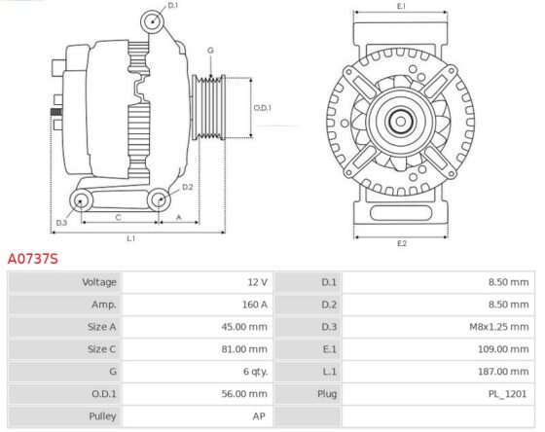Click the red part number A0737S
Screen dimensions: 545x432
point(33,259)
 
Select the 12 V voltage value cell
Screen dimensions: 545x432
point(258,282)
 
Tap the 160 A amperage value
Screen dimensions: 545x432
point(255,305)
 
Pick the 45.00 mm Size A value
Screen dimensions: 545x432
point(244,327)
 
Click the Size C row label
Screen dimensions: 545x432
point(101,349)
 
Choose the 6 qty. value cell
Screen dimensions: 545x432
point(255,372)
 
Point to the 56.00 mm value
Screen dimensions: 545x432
point(244,394)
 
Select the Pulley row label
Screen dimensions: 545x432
point(102,416)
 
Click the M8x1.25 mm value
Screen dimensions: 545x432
point(498,327)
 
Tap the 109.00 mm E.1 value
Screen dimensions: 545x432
point(503,349)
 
